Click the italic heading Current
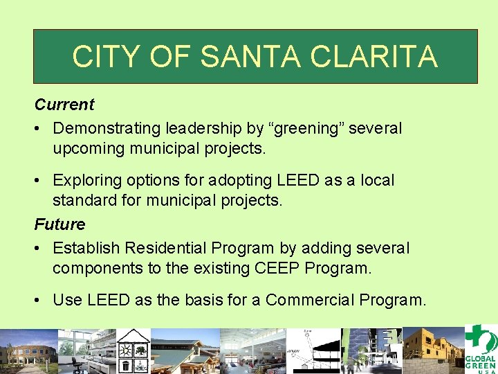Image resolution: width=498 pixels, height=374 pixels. click(64, 105)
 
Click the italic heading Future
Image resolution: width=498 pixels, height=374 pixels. click(60, 224)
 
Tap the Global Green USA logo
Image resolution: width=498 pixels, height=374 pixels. click(479, 349)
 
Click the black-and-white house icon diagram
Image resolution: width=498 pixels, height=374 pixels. click(133, 350)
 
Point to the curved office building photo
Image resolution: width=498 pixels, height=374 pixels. click(28, 350)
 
